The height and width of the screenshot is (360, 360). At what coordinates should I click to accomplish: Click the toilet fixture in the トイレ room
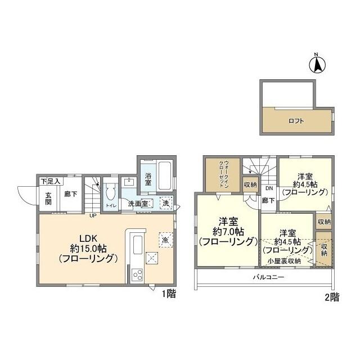click(111, 193)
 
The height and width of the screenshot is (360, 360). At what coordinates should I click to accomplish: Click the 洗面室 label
click(137, 204)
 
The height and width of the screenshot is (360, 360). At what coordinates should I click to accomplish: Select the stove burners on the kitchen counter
click(137, 274)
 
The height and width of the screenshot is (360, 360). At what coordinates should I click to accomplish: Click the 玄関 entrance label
click(48, 199)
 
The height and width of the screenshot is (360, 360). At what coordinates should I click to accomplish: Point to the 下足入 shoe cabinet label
click(51, 182)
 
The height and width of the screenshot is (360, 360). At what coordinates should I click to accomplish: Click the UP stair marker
click(91, 215)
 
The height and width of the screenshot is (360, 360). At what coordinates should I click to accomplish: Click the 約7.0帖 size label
click(228, 231)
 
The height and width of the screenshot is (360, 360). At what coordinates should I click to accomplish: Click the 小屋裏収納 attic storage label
click(284, 260)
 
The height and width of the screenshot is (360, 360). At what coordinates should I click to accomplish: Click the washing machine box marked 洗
click(165, 203)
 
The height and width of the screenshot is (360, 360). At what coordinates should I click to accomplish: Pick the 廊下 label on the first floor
click(70, 195)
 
